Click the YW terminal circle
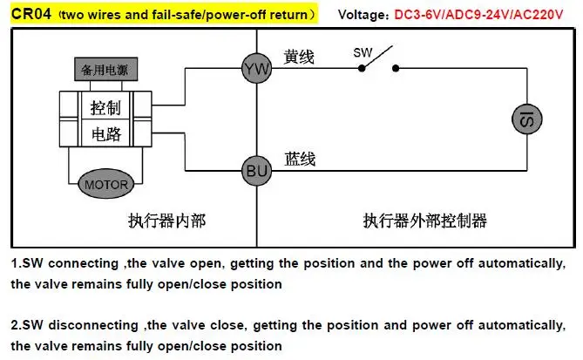[x=256, y=69]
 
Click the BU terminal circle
[x=256, y=171]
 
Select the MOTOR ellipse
[x=106, y=184]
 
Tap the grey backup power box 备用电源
[x=106, y=69]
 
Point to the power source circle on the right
[x=527, y=119]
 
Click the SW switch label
[x=363, y=52]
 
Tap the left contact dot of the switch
[x=362, y=69]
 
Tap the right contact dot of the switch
[x=396, y=69]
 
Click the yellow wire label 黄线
[x=299, y=57]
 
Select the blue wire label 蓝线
[x=300, y=160]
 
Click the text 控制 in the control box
[x=105, y=108]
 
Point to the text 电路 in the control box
[x=106, y=134]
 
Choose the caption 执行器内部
[x=167, y=221]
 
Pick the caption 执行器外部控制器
[x=425, y=221]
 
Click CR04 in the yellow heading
[x=31, y=14]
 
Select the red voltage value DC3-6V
[x=418, y=15]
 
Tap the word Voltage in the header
[x=362, y=15]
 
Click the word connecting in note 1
[x=84, y=263]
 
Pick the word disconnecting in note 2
[x=93, y=325]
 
